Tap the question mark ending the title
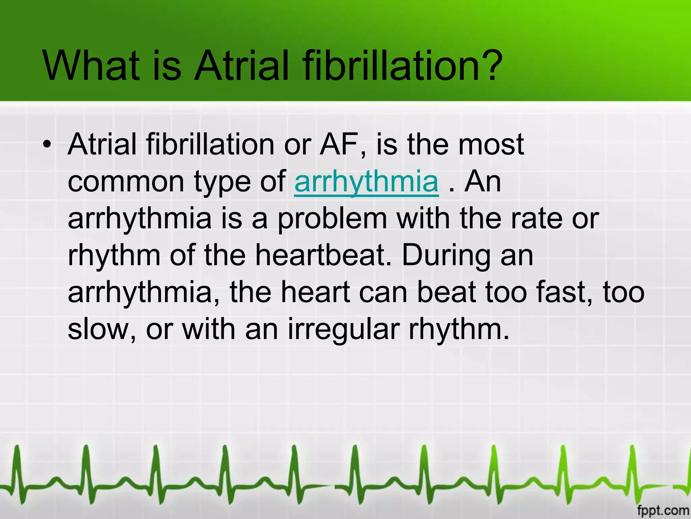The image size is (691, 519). (x=488, y=66)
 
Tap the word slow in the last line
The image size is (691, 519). (x=101, y=329)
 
